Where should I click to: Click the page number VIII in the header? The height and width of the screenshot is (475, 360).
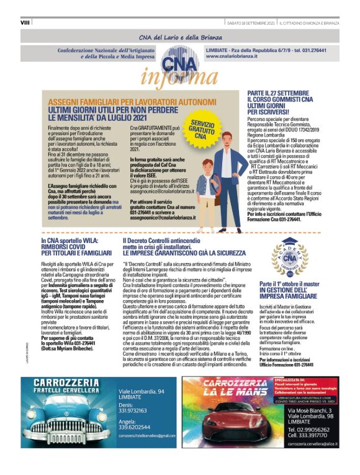point(25,22)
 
